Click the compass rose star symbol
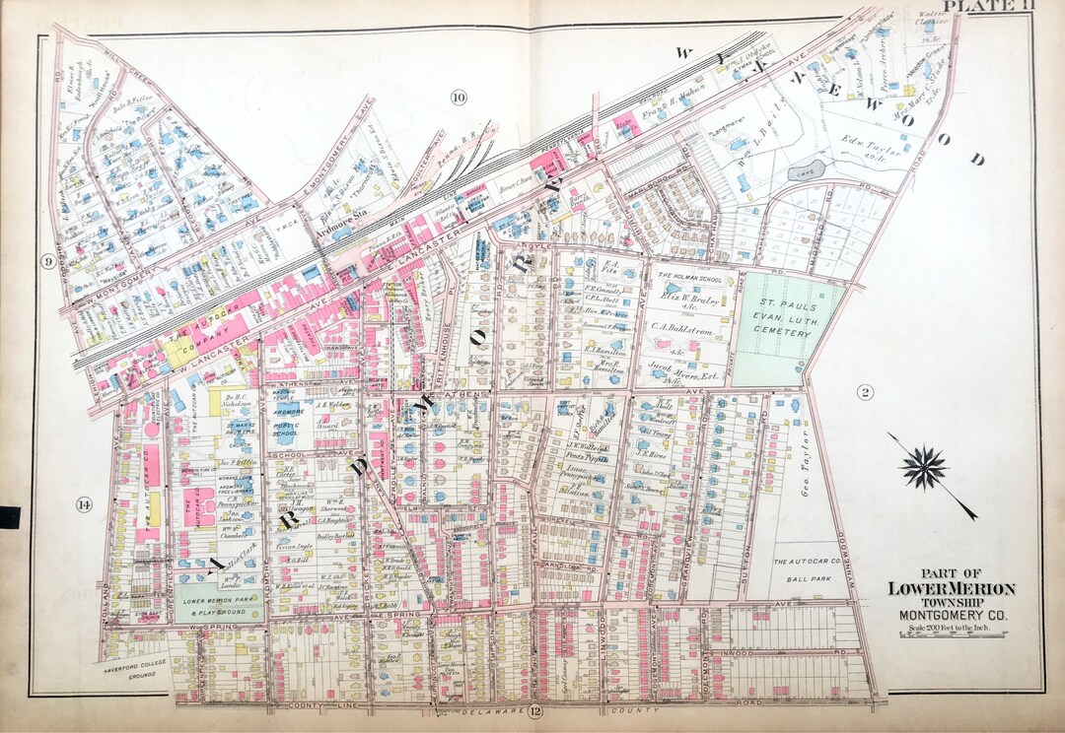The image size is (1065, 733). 924,468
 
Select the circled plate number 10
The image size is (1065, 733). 458,97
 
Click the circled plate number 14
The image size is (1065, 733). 83,505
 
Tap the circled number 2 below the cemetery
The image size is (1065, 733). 865,394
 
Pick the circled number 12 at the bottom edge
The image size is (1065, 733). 534,712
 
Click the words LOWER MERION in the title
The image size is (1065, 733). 951,589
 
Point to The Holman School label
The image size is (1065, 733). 690,278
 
